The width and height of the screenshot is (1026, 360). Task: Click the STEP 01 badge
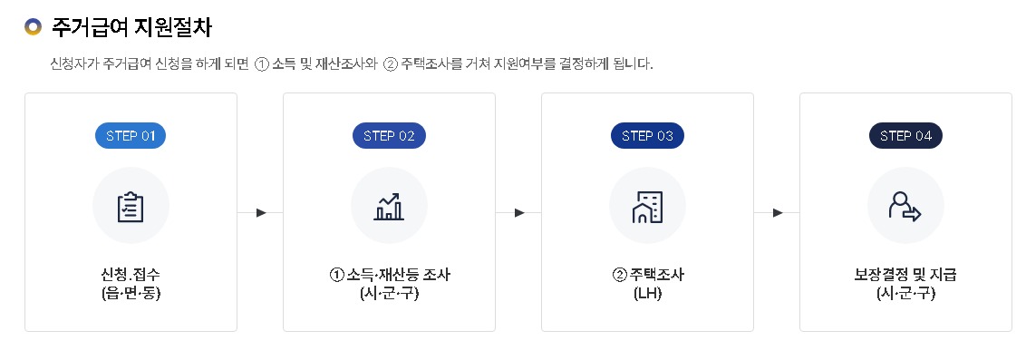pos(131,136)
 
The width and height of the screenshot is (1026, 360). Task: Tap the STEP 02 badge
pos(389,136)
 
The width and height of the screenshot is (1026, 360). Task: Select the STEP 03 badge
pos(647,136)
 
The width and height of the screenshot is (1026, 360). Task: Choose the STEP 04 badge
pos(905,136)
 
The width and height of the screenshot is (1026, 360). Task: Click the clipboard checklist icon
pos(131,207)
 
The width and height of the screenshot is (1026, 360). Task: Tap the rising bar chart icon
pos(389,207)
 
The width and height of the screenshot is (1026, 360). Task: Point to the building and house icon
pos(647,207)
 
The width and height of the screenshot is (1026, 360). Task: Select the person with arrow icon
pos(905,207)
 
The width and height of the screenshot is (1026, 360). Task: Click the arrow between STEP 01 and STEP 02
pos(261,213)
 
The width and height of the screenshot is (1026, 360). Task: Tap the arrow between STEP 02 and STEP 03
pos(519,213)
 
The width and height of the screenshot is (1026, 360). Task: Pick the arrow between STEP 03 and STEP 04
pos(778,213)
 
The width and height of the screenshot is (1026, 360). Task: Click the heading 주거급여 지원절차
pos(132,27)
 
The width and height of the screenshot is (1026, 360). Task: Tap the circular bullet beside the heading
pos(34,27)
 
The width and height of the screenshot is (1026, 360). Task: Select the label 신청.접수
pos(131,274)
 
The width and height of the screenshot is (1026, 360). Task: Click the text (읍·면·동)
pos(131,294)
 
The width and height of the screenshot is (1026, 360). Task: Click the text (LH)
pos(647,294)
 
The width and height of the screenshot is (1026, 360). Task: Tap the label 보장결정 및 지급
pos(905,274)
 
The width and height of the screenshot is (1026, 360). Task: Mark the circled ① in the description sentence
pos(263,64)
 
